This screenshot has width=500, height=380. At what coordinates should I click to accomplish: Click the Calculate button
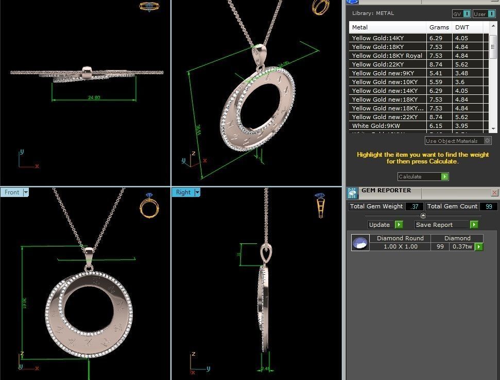(422, 176)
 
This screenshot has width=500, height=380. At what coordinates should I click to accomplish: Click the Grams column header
(439, 27)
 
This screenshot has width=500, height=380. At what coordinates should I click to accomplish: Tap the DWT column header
(461, 27)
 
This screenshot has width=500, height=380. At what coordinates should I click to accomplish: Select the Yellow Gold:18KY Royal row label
(387, 56)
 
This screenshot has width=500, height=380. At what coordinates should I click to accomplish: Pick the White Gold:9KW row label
(376, 126)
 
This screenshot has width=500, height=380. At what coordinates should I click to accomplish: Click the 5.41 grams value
(436, 73)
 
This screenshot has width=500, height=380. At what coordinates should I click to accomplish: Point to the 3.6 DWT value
(460, 82)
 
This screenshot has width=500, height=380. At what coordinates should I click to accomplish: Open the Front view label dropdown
(26, 192)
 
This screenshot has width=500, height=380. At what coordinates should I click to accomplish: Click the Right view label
(183, 192)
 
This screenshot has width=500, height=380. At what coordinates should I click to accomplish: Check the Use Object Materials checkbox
(487, 141)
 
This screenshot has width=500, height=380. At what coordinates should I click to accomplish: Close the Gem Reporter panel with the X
(494, 193)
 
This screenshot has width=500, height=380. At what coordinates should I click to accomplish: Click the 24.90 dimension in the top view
(94, 97)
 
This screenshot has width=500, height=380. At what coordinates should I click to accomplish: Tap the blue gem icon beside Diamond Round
(360, 242)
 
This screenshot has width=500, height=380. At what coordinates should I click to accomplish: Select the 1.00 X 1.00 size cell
(400, 246)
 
